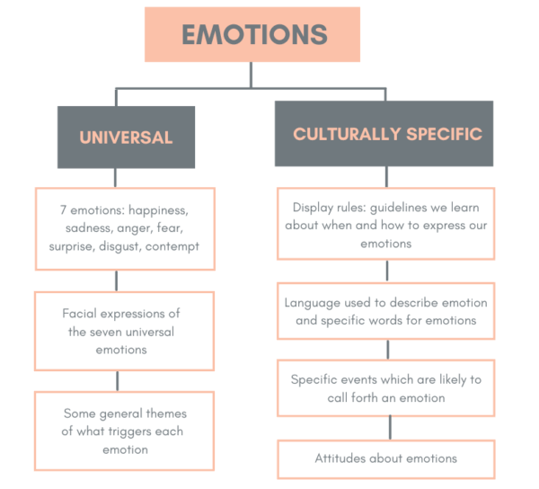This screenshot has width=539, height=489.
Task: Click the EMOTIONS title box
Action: pos(254,35)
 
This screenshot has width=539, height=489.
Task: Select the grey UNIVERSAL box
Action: pos(126,138)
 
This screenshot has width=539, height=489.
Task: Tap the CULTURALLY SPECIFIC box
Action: pos(386,134)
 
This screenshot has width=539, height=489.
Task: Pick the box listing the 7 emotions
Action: pos(125,228)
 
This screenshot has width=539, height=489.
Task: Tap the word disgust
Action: pos(124,246)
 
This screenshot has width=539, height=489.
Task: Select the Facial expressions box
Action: pos(125,331)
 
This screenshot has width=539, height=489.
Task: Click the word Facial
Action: pos(82,314)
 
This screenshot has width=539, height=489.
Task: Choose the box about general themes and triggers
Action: pos(125,431)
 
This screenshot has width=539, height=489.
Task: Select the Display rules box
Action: pos(386,225)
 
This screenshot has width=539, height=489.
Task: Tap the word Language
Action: pos(314,303)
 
